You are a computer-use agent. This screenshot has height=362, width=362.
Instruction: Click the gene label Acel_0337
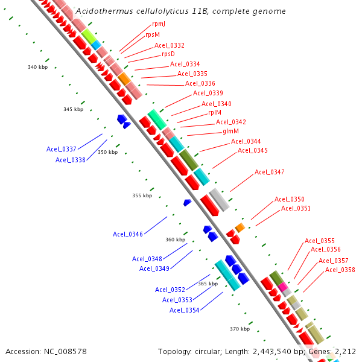pyautogui.click(x=62, y=149)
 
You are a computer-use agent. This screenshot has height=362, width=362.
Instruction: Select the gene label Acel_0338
pyautogui.click(x=71, y=160)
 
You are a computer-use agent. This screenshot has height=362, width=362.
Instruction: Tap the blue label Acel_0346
pyautogui.click(x=128, y=234)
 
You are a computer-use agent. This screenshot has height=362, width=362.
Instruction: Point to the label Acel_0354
pyautogui.click(x=185, y=310)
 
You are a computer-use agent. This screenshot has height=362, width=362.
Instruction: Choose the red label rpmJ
pyautogui.click(x=159, y=25)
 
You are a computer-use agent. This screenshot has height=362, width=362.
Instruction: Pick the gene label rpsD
pyautogui.click(x=168, y=54)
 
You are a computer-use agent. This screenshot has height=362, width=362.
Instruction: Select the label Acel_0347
pyautogui.click(x=269, y=172)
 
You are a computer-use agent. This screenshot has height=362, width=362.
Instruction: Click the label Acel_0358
pyautogui.click(x=340, y=270)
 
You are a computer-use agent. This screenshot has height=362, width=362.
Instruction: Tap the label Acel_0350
pyautogui.click(x=290, y=199)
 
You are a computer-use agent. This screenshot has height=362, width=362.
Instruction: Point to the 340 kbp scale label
pyautogui.click(x=37, y=67)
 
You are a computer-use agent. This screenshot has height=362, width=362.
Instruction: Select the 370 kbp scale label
pyautogui.click(x=240, y=329)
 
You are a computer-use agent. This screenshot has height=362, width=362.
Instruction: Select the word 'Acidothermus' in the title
pyautogui.click(x=103, y=11)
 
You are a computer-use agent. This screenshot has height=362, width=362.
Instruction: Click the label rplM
pyautogui.click(x=215, y=112)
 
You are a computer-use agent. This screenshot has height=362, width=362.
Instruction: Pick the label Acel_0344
pyautogui.click(x=246, y=141)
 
